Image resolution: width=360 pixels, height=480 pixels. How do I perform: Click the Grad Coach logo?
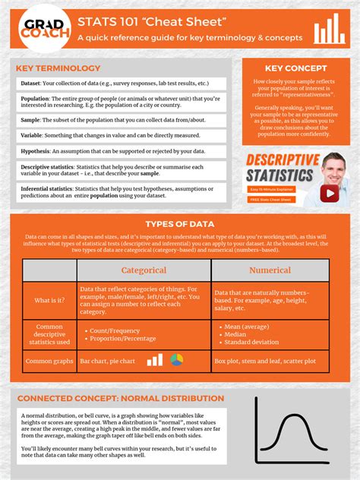coord(38,28)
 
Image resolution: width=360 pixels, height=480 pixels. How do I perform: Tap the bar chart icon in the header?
coord(330,29)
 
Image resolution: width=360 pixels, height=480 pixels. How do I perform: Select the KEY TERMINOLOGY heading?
coord(58,68)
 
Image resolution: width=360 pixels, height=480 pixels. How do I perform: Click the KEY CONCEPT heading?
coord(289,68)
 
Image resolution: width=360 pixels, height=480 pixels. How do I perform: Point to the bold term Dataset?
coord(31,83)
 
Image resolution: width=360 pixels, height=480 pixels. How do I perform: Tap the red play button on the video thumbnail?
coord(329,193)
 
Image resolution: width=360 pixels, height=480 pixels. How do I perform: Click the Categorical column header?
coord(144,270)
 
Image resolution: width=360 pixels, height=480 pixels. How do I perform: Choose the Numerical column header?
coord(270,270)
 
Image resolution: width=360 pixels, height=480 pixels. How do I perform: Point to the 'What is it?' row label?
coord(49,300)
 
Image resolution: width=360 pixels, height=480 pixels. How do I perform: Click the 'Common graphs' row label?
coord(49,361)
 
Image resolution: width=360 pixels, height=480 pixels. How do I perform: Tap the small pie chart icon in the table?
coord(176,360)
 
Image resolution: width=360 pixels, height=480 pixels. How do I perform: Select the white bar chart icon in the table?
coord(155,360)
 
